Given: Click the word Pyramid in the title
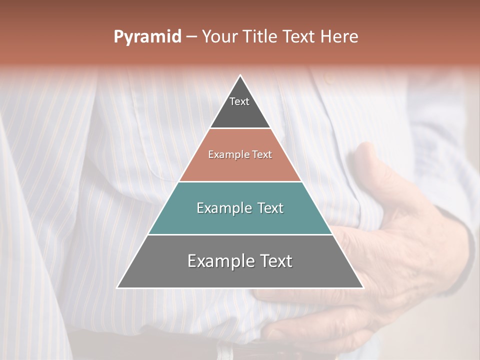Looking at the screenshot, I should click(147, 37).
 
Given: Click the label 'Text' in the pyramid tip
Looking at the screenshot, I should click(239, 101).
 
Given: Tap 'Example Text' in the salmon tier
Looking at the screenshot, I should click(240, 155).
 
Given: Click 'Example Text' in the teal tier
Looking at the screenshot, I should click(240, 208).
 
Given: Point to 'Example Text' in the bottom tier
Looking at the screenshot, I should click(240, 261).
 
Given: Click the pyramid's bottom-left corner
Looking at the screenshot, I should click(117, 287).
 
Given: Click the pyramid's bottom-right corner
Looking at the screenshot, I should click(363, 287).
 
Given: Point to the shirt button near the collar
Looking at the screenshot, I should click(328, 79).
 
